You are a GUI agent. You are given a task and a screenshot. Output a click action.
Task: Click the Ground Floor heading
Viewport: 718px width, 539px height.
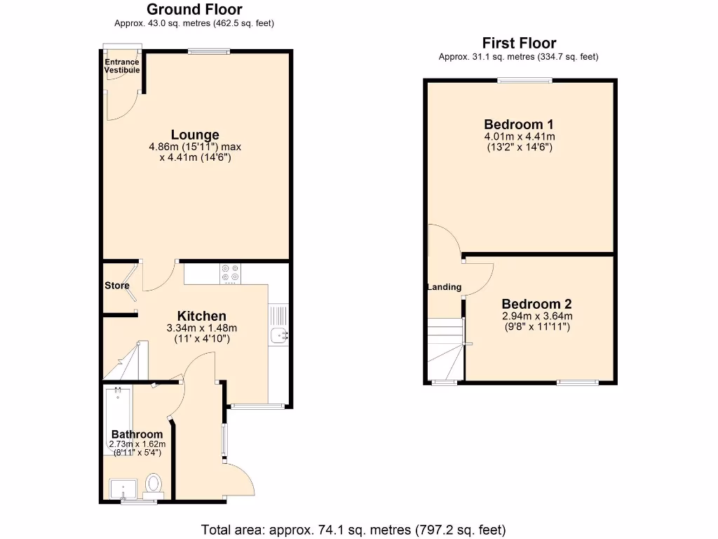pos(194,9)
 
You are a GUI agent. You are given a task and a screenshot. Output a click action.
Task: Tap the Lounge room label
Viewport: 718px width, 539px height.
pos(195,135)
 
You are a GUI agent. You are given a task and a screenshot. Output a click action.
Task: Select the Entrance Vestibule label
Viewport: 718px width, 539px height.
pos(122,66)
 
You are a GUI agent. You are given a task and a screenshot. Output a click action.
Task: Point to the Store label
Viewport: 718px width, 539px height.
pos(117,286)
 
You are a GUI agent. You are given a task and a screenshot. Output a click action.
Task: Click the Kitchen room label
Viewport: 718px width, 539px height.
pos(201,316)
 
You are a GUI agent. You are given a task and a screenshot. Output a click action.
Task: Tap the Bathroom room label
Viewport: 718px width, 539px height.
pos(137,434)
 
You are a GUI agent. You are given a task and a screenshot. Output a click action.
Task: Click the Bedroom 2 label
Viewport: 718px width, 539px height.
pos(536,304)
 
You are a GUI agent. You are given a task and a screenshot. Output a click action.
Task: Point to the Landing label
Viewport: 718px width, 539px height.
pos(445,286)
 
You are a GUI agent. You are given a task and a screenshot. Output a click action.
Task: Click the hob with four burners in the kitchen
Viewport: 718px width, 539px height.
pos(230,272)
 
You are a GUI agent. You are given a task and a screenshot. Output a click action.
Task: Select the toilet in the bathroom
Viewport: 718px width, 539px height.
pos(154,484)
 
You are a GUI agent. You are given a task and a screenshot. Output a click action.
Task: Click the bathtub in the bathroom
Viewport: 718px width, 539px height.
pos(115,418)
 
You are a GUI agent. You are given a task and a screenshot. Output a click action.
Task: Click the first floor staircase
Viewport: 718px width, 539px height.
pos(445,350)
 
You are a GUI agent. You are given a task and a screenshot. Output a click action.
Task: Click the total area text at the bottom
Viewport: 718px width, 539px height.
pos(353,530)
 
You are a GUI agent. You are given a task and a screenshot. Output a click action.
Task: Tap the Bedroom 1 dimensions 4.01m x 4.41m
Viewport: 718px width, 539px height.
pos(519,137)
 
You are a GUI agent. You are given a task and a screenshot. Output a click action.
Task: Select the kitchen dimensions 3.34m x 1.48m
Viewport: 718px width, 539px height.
pos(202,328)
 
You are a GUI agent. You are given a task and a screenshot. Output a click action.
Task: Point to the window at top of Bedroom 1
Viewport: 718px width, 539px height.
pos(524,80)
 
